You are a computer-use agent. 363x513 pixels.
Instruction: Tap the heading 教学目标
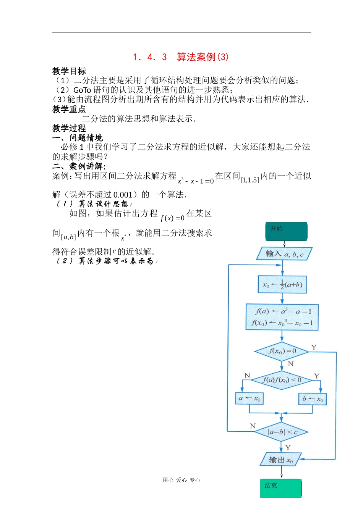69,71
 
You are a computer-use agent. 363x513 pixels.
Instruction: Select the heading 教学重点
69,110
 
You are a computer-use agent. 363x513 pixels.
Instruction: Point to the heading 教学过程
69,128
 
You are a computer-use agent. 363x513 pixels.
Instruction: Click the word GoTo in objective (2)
82,90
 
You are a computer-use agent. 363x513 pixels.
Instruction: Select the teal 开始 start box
286,232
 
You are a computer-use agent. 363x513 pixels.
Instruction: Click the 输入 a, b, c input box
284,254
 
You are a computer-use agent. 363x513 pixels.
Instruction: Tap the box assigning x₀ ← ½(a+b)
282,285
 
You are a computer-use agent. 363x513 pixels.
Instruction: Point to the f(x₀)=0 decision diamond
282,351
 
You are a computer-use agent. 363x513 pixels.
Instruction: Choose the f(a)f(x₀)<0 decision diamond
282,380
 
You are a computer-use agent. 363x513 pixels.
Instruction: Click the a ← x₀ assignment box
250,398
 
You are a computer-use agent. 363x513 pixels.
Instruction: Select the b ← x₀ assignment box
313,399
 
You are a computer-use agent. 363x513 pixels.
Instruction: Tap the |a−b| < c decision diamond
282,432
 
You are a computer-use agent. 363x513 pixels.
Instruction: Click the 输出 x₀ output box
281,460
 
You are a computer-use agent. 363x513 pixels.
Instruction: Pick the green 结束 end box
281,488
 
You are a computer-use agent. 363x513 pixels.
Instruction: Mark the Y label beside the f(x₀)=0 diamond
314,347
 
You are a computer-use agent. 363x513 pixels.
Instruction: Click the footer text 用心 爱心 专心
181,480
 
